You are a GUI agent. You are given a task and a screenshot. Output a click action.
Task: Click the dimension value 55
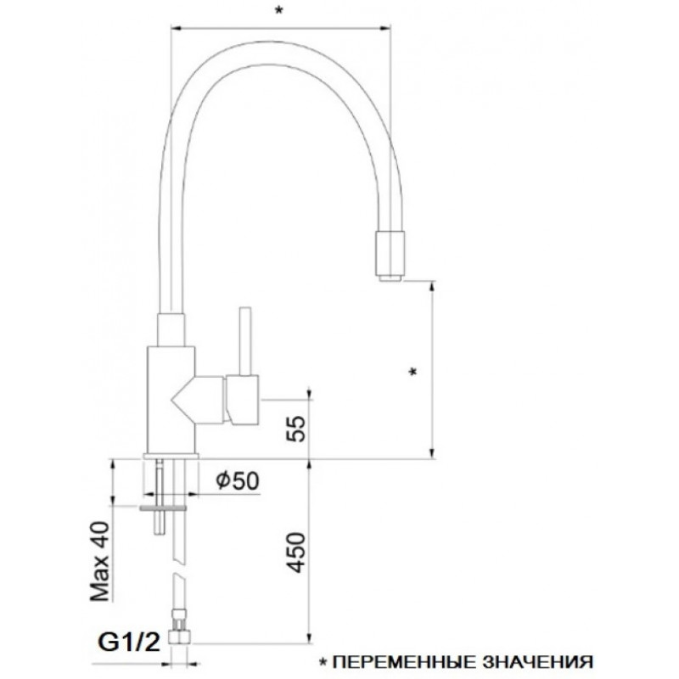[296, 429]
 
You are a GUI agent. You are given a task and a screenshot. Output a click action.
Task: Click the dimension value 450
[296, 553]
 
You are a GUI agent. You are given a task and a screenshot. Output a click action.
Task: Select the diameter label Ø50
[238, 480]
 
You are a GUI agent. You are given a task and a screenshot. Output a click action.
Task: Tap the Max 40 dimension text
[99, 562]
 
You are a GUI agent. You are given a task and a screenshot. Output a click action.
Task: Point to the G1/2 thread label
[129, 642]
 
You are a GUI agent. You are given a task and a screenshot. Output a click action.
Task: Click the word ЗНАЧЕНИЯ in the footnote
[537, 662]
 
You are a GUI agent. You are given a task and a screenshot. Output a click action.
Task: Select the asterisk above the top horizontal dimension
[279, 10]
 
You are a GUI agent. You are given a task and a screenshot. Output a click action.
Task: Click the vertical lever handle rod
[244, 341]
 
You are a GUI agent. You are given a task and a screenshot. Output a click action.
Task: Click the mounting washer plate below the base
[162, 508]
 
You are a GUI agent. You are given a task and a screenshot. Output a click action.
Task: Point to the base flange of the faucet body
[171, 456]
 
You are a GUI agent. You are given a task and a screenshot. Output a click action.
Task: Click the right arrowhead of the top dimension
[385, 29]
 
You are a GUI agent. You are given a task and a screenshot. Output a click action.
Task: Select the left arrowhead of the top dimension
[177, 29]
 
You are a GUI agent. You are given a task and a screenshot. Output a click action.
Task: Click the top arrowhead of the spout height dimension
[432, 287]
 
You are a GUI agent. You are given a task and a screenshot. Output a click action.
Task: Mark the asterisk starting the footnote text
[323, 661]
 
